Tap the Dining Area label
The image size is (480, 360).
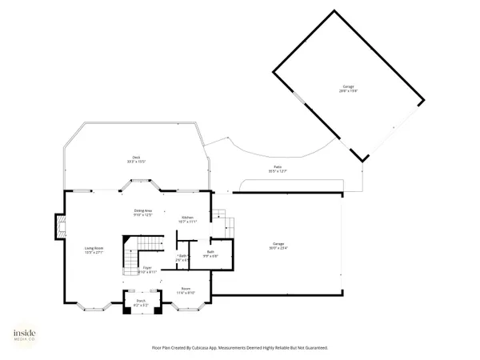[144, 210]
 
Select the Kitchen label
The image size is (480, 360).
[187, 217]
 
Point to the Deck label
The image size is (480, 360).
[137, 157]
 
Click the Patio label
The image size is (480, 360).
[277, 166]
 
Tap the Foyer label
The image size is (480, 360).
[147, 268]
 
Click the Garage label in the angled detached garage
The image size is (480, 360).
[349, 86]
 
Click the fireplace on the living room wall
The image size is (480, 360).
[60, 226]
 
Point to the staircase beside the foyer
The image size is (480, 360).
[130, 256]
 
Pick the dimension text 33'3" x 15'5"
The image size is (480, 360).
[137, 162]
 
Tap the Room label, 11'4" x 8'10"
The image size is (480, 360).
[186, 289]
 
